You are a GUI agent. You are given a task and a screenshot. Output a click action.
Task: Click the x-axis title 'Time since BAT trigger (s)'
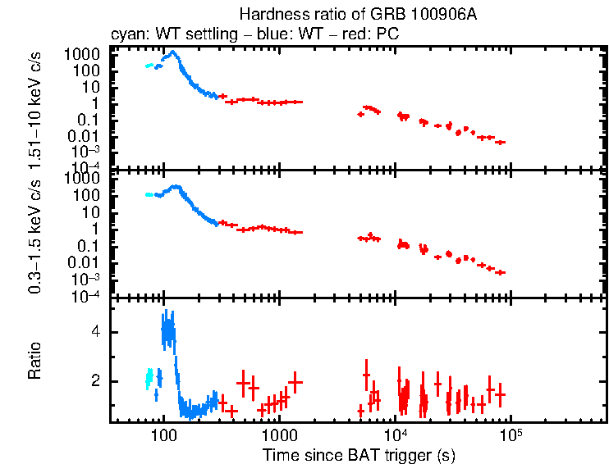tap(359, 454)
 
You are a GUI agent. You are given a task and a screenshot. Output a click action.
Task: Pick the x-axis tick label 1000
tap(280, 433)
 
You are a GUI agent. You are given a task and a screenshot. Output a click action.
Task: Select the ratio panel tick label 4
tap(96, 332)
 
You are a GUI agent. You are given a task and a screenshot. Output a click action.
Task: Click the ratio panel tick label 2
tap(96, 381)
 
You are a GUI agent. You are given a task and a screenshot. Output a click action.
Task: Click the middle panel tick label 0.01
tap(85, 263)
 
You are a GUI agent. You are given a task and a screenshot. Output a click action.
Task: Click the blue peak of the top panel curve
tap(172, 53)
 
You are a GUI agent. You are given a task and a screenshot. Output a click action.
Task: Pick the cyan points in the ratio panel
tap(149, 379)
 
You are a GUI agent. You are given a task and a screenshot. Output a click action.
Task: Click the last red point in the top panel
tap(501, 142)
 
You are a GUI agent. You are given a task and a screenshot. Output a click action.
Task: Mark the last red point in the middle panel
tap(501, 272)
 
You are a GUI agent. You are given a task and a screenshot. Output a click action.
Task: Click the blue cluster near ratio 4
tap(168, 332)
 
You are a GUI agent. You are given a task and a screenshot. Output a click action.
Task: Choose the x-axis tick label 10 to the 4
tap(396, 433)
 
